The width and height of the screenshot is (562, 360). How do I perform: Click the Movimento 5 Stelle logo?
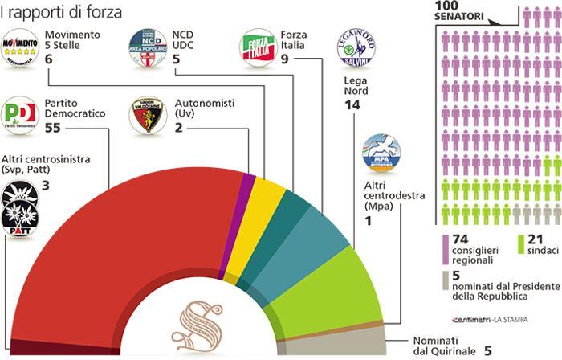click(21, 46)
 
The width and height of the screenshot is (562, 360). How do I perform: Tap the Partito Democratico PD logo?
click(21, 115)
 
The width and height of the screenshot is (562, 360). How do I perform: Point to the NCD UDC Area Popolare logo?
click(148, 46)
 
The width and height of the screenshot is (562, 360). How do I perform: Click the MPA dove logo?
click(381, 153)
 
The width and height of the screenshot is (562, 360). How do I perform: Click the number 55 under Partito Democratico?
click(55, 128)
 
